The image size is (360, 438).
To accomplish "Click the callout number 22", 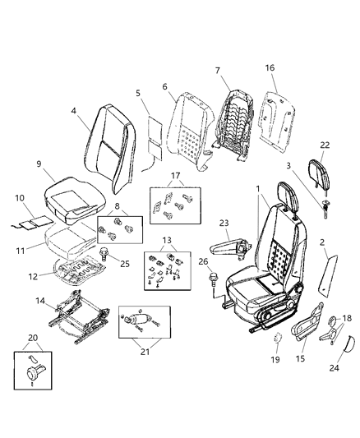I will click(325, 145).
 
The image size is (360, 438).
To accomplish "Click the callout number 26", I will click(201, 262).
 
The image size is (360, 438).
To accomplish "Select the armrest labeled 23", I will click(225, 244).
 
